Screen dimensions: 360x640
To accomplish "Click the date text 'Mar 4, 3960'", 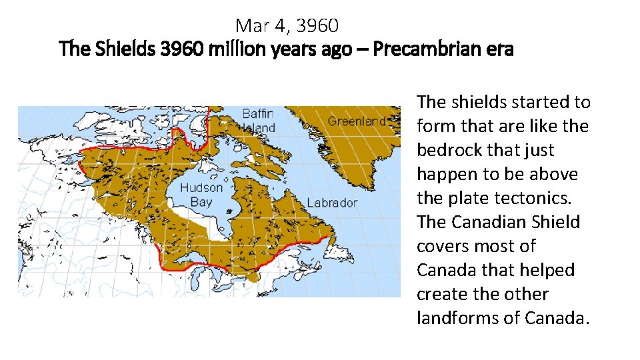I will [x=287, y=26].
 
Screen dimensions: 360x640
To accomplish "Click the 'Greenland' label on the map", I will [x=357, y=121].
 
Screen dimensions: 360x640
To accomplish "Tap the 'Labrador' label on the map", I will [x=331, y=203].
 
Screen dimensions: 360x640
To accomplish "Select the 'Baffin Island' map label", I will [x=257, y=120].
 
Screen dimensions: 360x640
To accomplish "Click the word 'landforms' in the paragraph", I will [x=457, y=318].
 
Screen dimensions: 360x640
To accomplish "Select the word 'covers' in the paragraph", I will [x=440, y=246].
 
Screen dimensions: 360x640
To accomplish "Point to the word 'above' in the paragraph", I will [x=555, y=174].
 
